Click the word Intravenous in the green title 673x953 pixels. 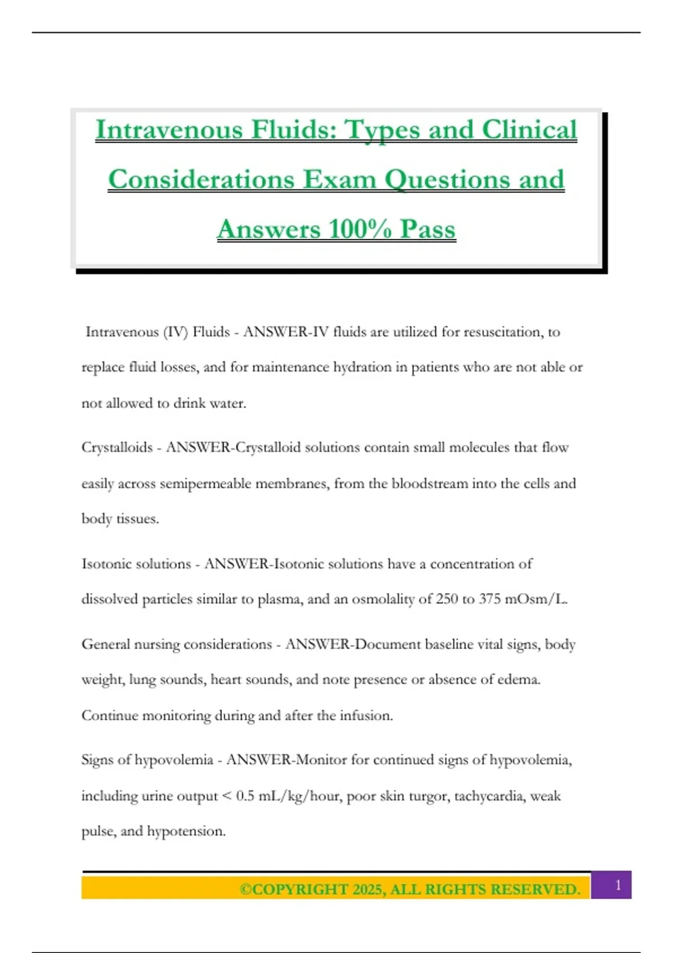tap(169, 129)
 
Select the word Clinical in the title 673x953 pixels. tap(529, 129)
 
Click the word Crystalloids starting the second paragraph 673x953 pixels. tap(117, 447)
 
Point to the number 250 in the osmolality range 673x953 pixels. tap(446, 599)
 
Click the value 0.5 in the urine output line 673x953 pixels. tap(245, 796)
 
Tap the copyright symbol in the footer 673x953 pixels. tap(246, 890)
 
